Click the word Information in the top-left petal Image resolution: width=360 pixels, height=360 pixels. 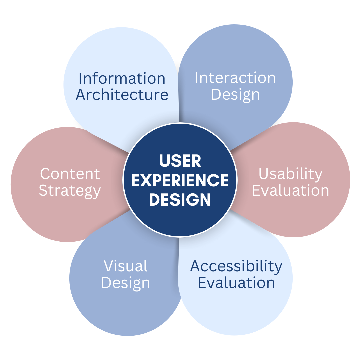click(x=122, y=79)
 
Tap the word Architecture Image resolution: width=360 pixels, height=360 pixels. click(x=122, y=95)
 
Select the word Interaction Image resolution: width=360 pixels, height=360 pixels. click(x=235, y=78)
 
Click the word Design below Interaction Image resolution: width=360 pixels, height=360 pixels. click(x=235, y=95)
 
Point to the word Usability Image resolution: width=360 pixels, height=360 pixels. click(x=291, y=174)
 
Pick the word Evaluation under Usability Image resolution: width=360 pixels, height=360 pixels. click(x=291, y=190)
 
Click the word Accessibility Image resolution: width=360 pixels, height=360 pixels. click(x=236, y=266)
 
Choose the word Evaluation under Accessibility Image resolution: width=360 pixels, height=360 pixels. click(x=236, y=283)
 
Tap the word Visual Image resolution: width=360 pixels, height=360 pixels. click(x=126, y=266)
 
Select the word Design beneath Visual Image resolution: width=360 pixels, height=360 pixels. click(x=126, y=283)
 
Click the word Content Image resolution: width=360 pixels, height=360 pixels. click(x=70, y=174)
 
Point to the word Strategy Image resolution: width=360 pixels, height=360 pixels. click(x=70, y=191)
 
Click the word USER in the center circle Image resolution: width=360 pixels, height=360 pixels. click(x=180, y=161)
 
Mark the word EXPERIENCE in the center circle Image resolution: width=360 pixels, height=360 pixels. click(x=180, y=180)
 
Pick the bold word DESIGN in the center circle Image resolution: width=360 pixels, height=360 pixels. click(x=180, y=199)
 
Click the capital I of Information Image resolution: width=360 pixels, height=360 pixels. click(x=80, y=79)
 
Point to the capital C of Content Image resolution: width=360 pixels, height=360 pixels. click(x=45, y=174)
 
